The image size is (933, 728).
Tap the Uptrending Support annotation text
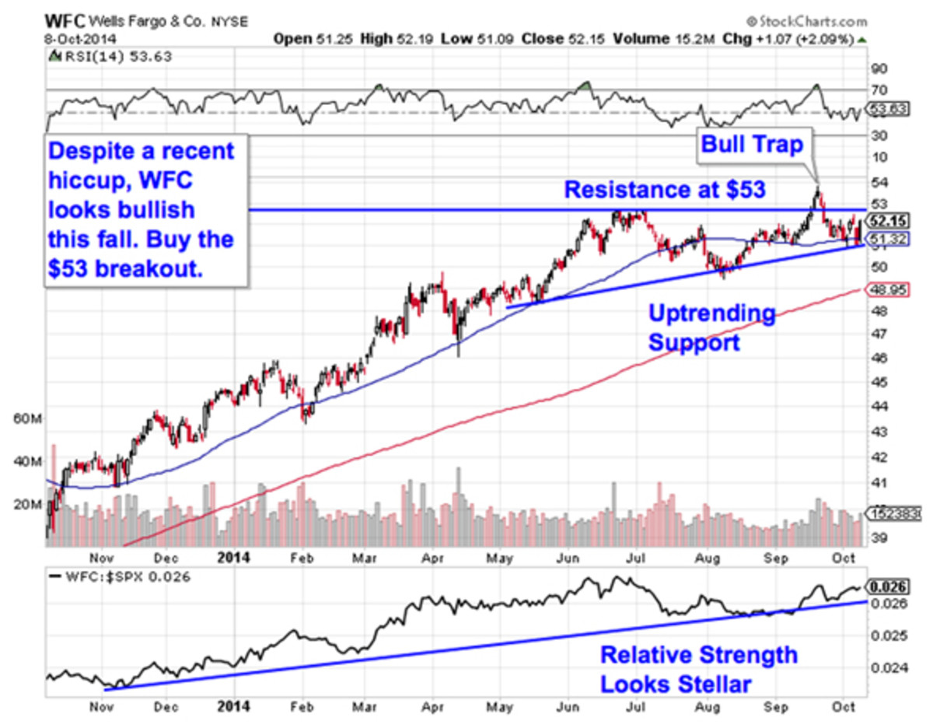(694, 328)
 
